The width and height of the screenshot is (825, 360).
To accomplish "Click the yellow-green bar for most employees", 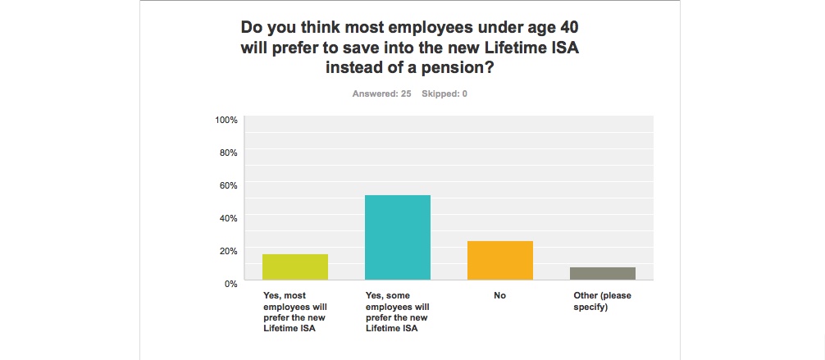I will coord(295,267).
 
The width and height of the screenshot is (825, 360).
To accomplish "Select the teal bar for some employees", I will coord(398,238).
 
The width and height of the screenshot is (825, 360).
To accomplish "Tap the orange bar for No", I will coord(499,260).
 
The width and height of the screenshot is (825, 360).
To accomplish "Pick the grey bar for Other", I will coord(603,273).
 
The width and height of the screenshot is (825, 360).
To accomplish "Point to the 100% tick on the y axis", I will coord(226,120).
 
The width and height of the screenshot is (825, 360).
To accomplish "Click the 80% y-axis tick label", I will coord(227,153).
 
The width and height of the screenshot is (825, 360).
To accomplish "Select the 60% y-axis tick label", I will coord(227,185).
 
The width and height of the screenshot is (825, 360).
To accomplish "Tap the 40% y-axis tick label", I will coord(227,217).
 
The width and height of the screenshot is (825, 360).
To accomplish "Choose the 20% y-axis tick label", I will coord(227,250).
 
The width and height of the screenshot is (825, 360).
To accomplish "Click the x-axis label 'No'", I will coord(499,295).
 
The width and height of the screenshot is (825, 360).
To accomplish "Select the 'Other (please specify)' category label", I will coord(603,301).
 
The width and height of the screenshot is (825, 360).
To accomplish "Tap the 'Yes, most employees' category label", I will coord(295,312).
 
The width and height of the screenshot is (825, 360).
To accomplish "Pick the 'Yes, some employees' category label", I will coord(398,312).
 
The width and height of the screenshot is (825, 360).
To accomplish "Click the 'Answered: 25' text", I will coord(381,93).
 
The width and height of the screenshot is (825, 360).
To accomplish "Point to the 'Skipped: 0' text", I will coord(444,93).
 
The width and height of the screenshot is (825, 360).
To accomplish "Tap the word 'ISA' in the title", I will coord(561,47).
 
